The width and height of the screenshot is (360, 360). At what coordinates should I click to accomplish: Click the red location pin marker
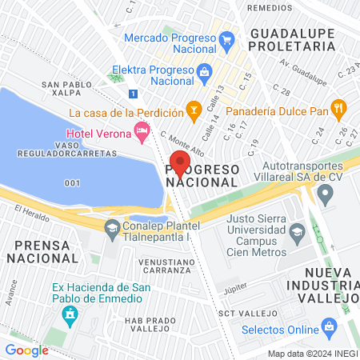pos(180,163)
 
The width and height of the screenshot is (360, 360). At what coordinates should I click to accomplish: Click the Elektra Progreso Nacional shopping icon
pos(204,70)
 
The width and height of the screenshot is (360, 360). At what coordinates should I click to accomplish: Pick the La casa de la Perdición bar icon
pos(192,107)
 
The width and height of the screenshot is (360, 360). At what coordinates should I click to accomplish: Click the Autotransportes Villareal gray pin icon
pos(325,193)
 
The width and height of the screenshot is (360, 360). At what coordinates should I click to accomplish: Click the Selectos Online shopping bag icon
pos(328,326)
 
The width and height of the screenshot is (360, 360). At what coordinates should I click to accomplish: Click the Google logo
pos(26,350)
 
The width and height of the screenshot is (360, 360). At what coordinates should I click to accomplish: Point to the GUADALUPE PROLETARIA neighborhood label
pos(292,40)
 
